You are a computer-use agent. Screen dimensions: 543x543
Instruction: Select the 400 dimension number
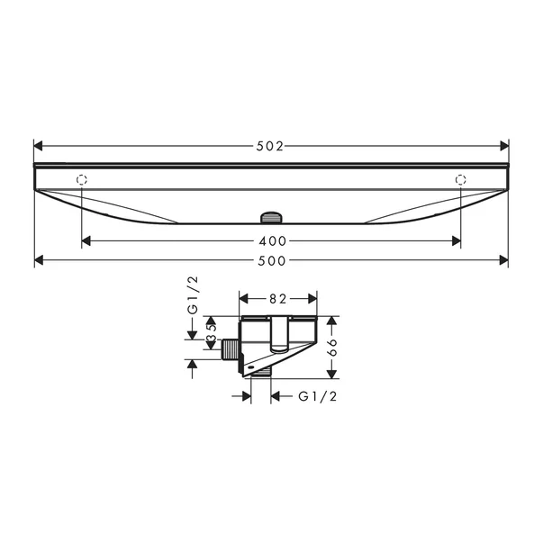tap(271, 241)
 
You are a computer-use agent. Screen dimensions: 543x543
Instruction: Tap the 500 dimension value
tap(271, 261)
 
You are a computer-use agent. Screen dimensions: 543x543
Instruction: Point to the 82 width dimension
tap(277, 298)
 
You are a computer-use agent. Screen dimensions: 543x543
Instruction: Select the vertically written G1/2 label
tap(192, 296)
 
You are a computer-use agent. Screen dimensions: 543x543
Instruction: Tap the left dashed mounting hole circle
tap(82, 178)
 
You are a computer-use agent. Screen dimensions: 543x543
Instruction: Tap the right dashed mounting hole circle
tap(461, 178)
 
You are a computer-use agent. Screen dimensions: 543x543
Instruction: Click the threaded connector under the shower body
tap(271, 217)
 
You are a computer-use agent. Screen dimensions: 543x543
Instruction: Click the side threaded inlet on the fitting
tap(230, 348)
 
